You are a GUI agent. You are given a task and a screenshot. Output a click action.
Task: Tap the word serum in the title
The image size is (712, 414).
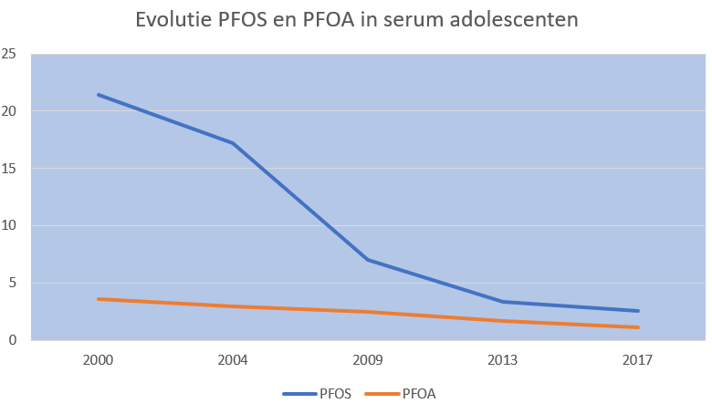[425, 20]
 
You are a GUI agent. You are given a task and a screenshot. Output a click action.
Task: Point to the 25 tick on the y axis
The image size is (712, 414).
[10, 55]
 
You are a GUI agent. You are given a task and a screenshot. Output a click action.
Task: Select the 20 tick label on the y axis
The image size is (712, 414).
[10, 111]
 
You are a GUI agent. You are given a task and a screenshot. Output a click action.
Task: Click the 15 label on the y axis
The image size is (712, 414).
[10, 169]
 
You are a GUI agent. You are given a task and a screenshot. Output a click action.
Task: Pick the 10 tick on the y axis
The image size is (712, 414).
[10, 226]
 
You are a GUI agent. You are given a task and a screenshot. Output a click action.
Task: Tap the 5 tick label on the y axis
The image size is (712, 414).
[14, 283]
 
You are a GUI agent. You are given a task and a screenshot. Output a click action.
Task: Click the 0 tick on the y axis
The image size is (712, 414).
[14, 340]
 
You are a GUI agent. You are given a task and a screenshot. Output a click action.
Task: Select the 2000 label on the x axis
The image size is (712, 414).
[98, 360]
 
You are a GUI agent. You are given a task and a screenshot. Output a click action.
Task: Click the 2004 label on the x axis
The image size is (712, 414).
[233, 360]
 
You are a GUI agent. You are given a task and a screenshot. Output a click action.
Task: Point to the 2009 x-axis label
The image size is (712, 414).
[368, 360]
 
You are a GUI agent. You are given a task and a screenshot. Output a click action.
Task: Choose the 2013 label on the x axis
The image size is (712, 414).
[503, 360]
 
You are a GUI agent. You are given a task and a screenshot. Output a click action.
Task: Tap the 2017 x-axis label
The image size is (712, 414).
[638, 360]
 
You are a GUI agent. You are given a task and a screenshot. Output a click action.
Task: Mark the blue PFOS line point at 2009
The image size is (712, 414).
[368, 260]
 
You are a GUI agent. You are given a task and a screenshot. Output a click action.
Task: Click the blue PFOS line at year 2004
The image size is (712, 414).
[233, 143]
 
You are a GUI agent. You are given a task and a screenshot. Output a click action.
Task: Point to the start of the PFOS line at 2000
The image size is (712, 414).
[98, 95]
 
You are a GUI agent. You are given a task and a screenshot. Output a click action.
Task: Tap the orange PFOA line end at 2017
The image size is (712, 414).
[638, 327]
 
